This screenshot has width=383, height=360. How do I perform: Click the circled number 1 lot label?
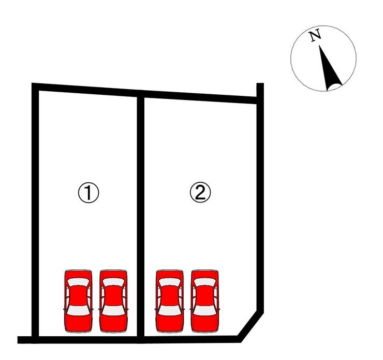pos(89,193)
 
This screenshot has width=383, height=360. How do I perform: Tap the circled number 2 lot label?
pos(200,193)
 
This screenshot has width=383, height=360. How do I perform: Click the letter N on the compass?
pos(315,36)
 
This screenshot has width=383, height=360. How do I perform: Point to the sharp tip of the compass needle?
pos(319,46)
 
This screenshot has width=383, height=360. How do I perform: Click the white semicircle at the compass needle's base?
pos(335,87)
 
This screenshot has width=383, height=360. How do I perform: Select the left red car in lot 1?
pos(78,301)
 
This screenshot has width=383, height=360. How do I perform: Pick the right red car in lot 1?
pos(113,301)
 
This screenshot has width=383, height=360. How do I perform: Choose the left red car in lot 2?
pos(170,301)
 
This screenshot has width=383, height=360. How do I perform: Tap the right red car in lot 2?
pos(205,301)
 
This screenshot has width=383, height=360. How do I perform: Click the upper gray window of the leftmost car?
pos(78,282)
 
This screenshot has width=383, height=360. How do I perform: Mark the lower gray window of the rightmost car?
pos(205,311)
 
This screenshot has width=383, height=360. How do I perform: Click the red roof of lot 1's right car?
pos(113,296)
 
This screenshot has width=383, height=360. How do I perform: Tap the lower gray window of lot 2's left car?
pos(170,311)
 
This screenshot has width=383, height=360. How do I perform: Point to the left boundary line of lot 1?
pos(35,213)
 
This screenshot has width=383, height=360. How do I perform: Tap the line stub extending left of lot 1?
pos(25,340)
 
